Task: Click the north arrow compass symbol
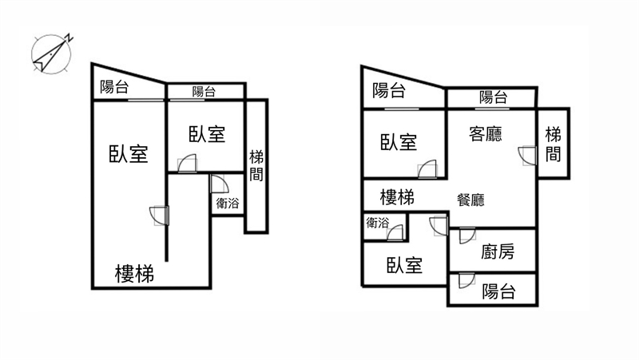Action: point(51,54)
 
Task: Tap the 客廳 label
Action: point(484,133)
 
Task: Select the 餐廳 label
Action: point(470,200)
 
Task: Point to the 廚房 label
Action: point(498,252)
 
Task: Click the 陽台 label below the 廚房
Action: point(498,291)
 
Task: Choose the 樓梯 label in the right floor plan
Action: point(397,196)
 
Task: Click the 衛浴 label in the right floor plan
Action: point(377,224)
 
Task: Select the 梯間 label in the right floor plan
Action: point(553,144)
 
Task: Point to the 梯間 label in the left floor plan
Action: point(256,165)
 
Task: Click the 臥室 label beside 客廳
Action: point(398,142)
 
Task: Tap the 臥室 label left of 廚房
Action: point(404,265)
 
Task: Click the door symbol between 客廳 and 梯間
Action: point(526,155)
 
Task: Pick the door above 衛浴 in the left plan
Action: point(216,183)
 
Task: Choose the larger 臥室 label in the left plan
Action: point(129,154)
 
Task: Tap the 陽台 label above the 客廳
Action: point(493,97)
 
